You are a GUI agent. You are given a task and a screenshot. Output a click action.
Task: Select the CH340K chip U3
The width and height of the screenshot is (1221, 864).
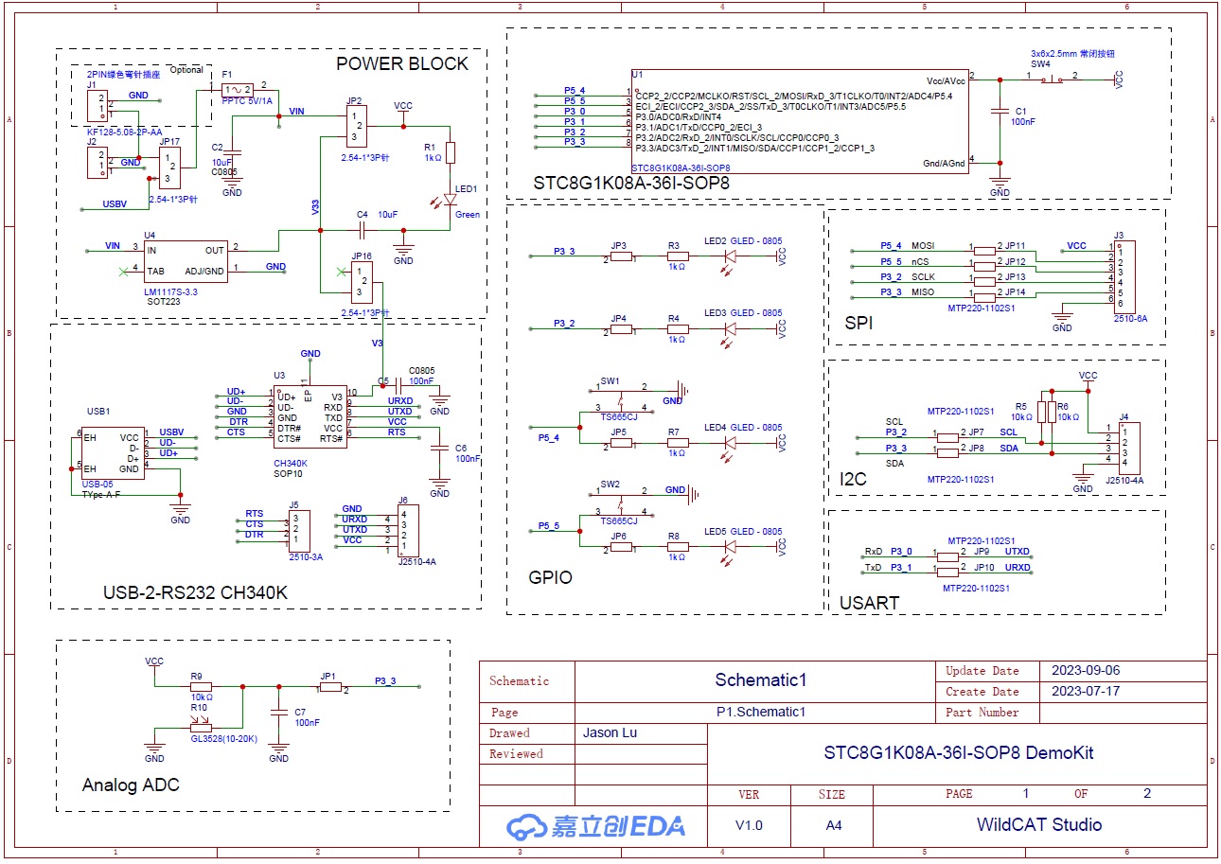pos(310,417)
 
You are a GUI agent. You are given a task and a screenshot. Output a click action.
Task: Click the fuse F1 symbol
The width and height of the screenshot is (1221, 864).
pos(235,87)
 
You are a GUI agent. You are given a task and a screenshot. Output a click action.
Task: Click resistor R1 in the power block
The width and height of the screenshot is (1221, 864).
pos(451,152)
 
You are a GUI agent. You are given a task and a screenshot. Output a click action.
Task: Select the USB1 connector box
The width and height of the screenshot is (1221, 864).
pos(113,452)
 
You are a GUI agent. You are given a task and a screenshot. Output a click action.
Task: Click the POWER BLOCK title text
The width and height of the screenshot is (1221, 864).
pos(402,63)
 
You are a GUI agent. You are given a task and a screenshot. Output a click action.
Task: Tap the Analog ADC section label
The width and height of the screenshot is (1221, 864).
pos(131,785)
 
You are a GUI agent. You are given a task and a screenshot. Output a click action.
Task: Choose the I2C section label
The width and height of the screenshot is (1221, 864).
pos(854,480)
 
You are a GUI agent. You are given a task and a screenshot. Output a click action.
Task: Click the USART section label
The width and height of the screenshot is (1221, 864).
pos(869,602)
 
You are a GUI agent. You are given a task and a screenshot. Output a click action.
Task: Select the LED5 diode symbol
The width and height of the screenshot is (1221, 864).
pos(730,547)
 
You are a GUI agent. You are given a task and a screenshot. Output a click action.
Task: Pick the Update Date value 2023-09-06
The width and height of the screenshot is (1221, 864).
pos(1086,670)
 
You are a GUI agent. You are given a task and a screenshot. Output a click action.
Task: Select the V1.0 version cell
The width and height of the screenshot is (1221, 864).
pos(749,825)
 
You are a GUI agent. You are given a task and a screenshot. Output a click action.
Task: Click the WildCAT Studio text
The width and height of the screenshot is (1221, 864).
pos(1038,824)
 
